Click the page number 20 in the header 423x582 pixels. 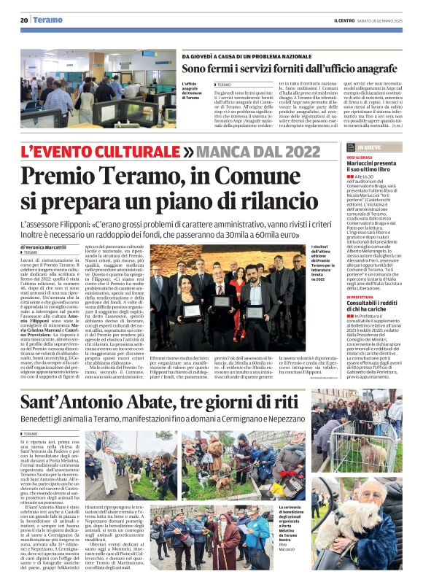point(24,20)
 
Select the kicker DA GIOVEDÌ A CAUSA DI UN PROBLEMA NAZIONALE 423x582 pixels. point(247,55)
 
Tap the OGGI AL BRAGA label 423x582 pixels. point(362,157)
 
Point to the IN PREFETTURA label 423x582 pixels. point(364,297)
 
